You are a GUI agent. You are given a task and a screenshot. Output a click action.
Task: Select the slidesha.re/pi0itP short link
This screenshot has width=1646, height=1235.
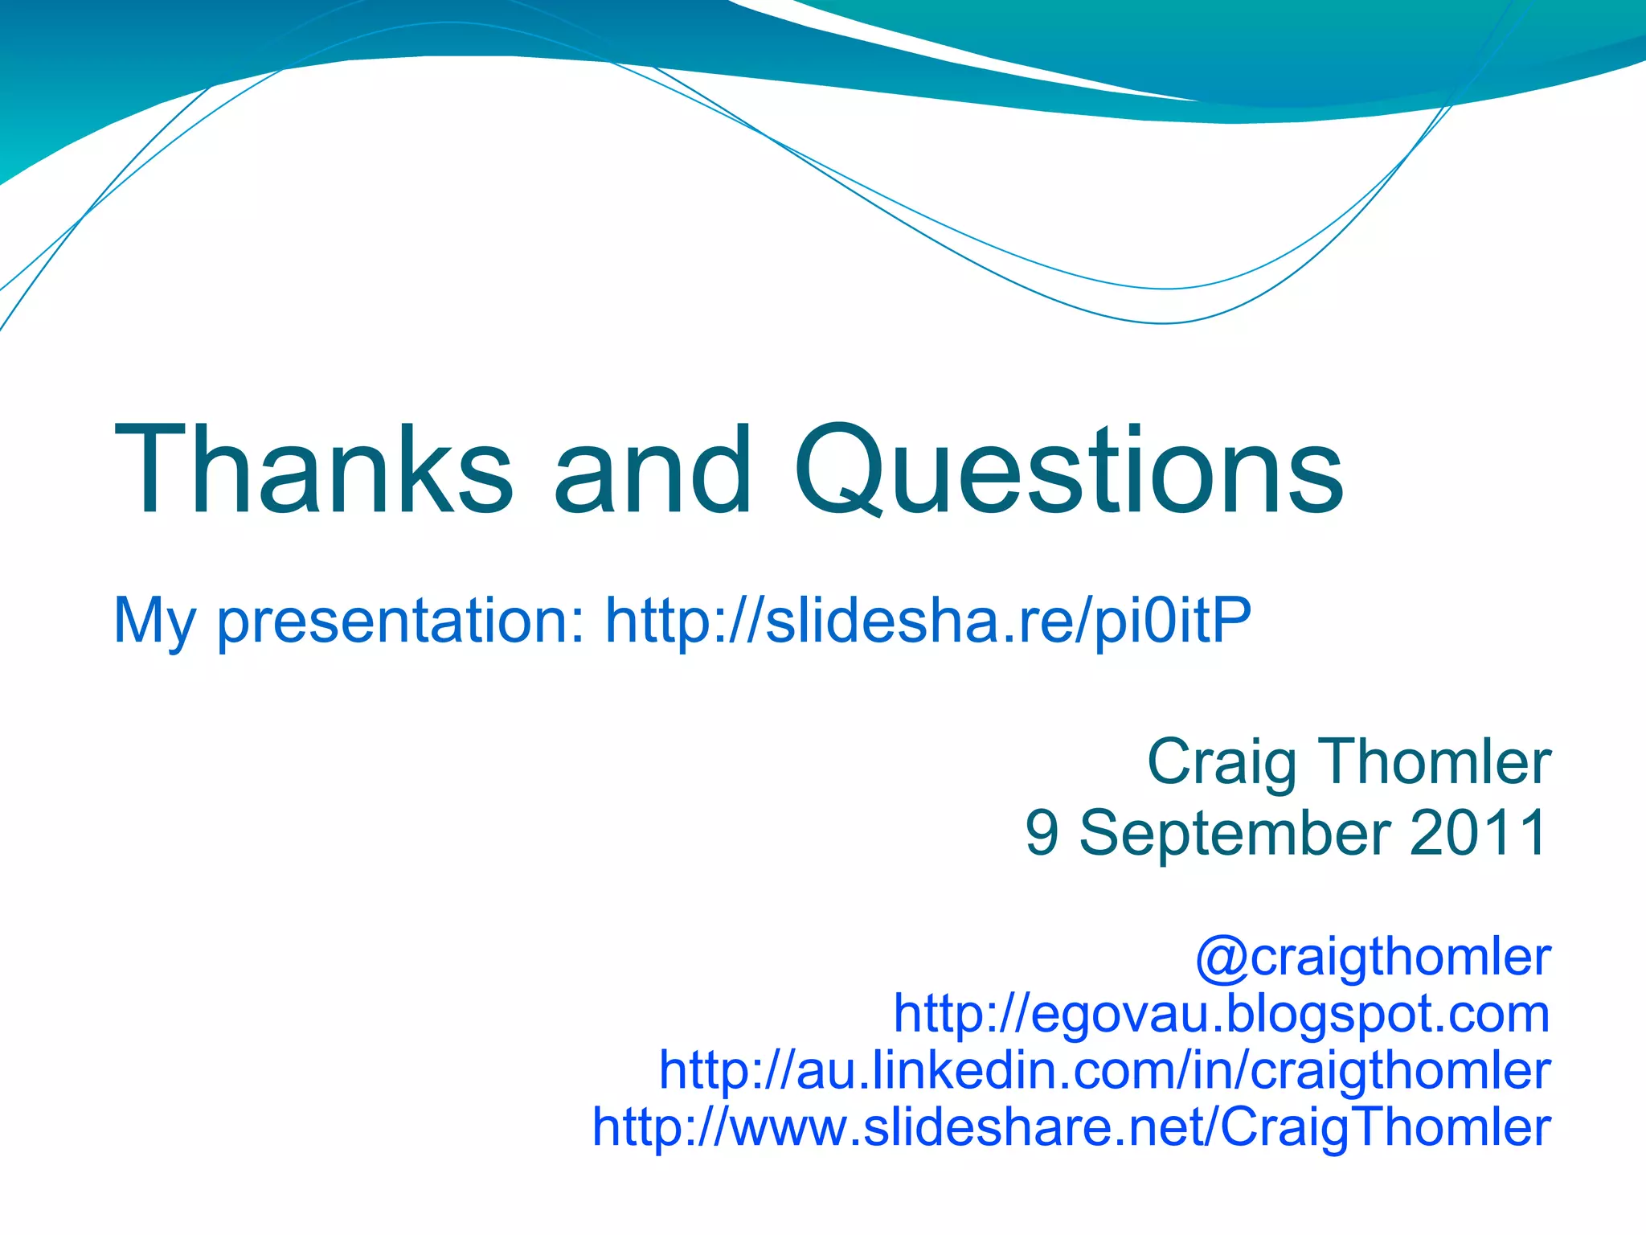click(928, 622)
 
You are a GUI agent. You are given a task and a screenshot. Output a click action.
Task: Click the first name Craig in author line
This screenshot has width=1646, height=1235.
click(1221, 762)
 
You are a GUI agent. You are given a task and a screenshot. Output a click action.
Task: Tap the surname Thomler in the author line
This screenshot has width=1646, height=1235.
click(1435, 762)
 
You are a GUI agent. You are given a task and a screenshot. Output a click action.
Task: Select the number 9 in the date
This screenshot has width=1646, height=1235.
click(1042, 833)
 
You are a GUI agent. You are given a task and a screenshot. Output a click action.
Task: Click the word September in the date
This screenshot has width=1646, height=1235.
click(1234, 833)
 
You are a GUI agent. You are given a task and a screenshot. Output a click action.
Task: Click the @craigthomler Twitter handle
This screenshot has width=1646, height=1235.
click(1373, 957)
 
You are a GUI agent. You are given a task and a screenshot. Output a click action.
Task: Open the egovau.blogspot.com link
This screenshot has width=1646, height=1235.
click(1222, 1013)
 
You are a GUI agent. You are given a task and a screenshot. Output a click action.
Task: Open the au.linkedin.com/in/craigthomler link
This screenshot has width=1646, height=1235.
click(1105, 1070)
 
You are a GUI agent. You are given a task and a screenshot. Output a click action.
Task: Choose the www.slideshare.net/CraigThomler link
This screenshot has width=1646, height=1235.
click(1071, 1126)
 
